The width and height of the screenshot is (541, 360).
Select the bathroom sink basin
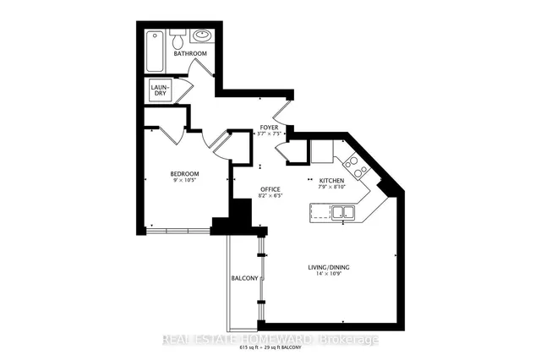(x=202, y=38)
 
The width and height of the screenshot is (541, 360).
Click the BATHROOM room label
(x=190, y=54)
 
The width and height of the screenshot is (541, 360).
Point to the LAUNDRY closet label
(x=161, y=90)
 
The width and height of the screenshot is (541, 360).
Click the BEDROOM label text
(x=184, y=174)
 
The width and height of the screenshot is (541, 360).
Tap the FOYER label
(x=270, y=127)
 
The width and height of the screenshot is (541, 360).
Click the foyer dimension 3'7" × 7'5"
(x=270, y=134)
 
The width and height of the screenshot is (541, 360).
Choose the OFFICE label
(x=270, y=189)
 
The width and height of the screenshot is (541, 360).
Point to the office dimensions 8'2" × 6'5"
(x=270, y=196)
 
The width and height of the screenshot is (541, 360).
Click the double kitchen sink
(x=342, y=215)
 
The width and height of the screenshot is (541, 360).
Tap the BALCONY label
(x=244, y=278)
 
